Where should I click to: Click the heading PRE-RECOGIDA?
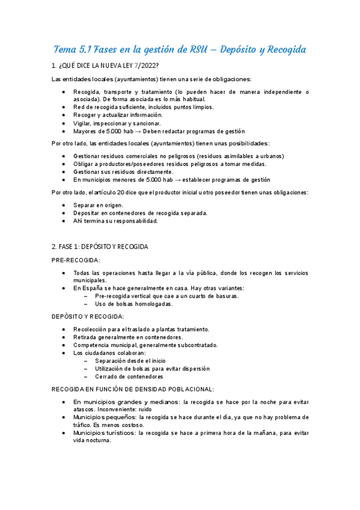point(76,260)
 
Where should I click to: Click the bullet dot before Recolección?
point(64,330)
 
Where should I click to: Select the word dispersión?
point(194,369)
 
